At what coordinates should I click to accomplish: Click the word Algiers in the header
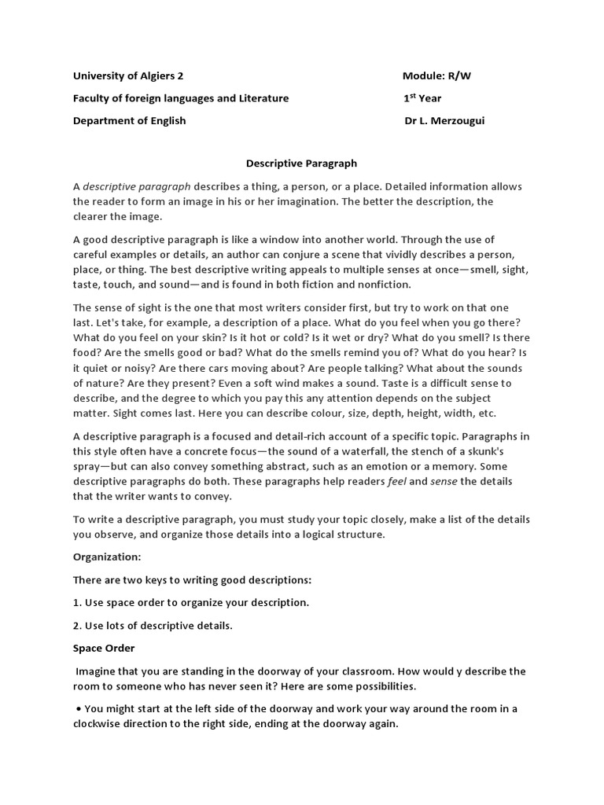coord(157,76)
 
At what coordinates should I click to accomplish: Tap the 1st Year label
coord(422,98)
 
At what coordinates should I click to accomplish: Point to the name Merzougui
coord(457,121)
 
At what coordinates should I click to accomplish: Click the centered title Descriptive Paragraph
coord(301,164)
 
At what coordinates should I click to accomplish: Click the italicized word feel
coord(397,481)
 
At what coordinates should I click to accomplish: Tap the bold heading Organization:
coord(107,557)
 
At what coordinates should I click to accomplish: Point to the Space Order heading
coord(104,648)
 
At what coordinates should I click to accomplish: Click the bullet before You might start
coord(79,708)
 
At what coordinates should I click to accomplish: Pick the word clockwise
coord(104,724)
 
